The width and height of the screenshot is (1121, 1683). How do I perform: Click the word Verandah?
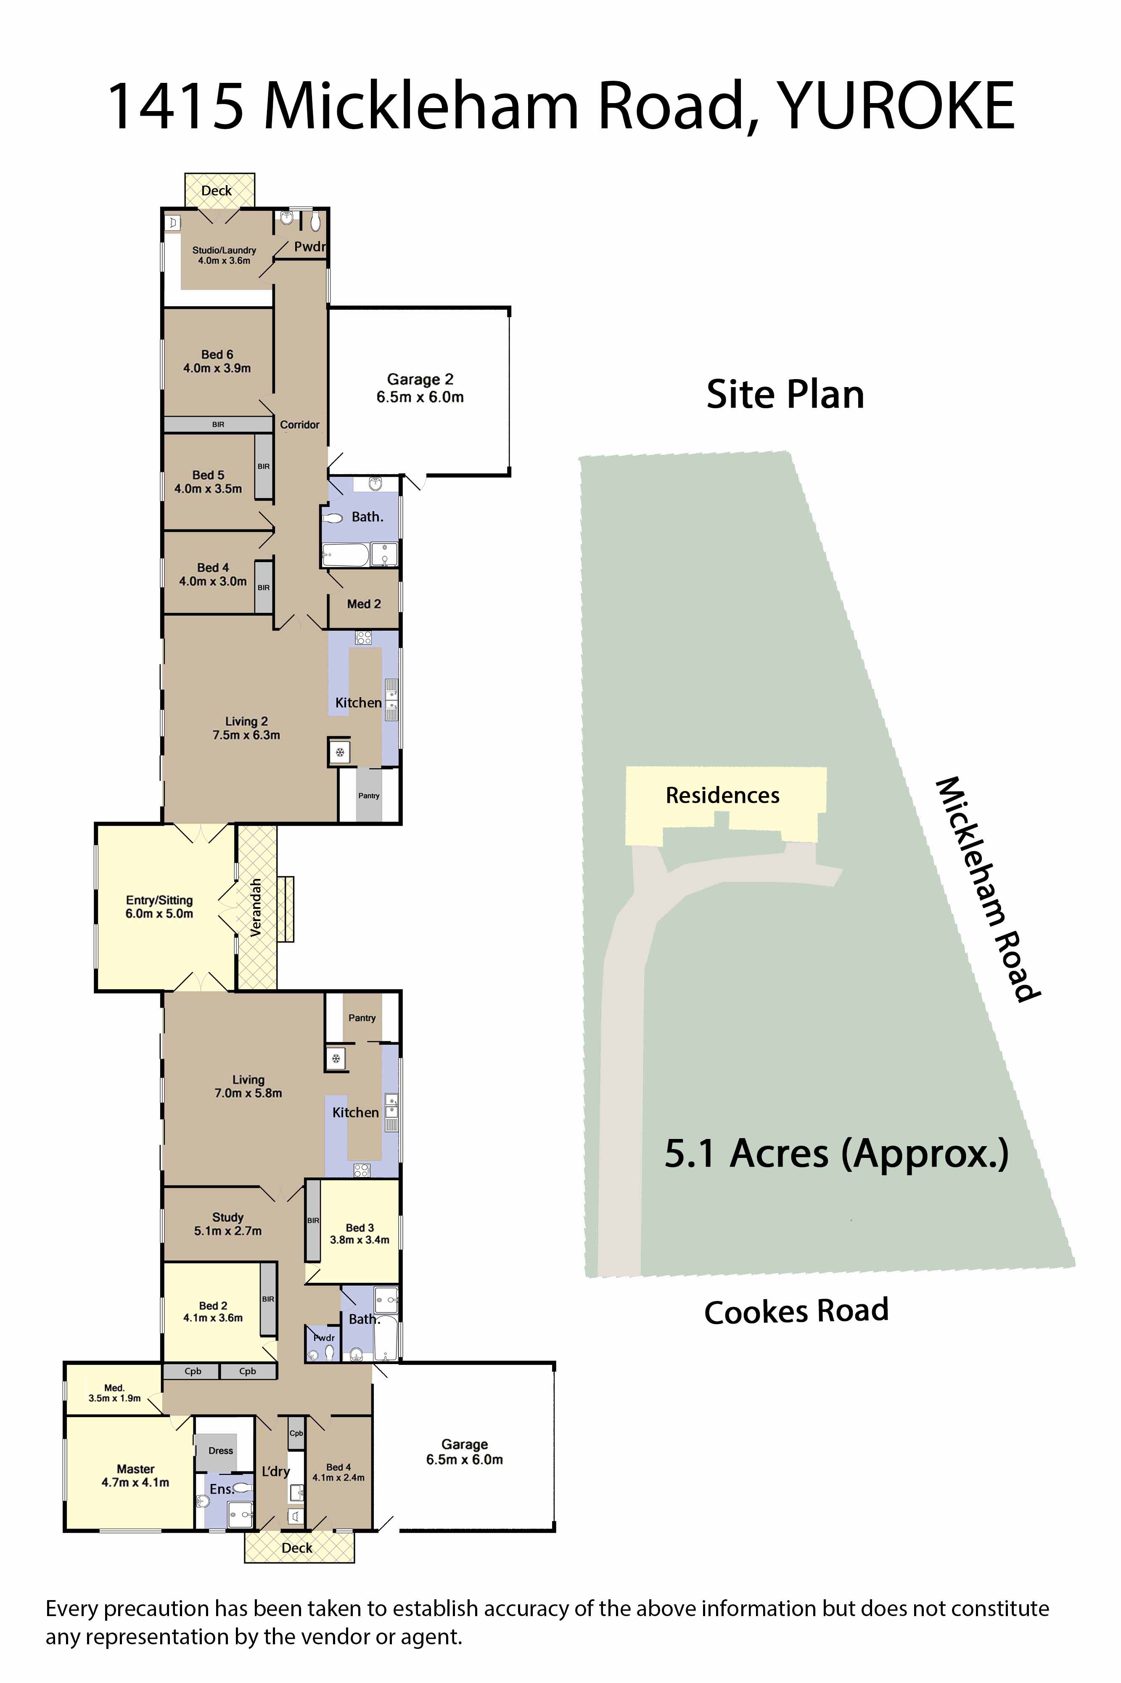[x=255, y=907]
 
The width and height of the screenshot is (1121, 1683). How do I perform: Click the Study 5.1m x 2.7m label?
[x=227, y=1224]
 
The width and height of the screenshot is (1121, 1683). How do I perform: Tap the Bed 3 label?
[x=360, y=1233]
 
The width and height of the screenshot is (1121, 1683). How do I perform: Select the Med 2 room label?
[x=364, y=604]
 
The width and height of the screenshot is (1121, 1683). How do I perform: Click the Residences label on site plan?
[x=722, y=795]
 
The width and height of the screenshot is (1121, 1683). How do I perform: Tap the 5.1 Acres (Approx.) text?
[x=836, y=1154]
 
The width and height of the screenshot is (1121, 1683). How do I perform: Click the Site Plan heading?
[x=785, y=394]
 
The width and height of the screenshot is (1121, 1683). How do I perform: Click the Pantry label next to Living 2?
[x=369, y=795]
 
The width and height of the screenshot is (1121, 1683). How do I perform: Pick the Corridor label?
[x=299, y=425]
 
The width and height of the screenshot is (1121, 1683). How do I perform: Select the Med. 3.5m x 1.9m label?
[x=114, y=1393]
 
